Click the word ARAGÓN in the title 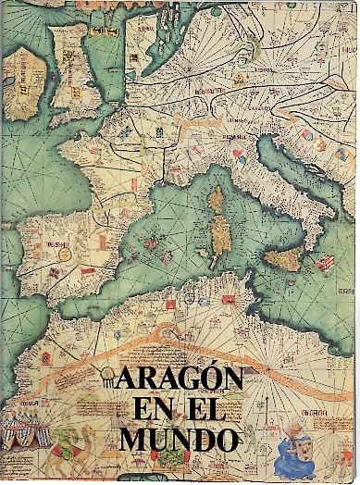point(180,380)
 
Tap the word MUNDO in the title point(180,437)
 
